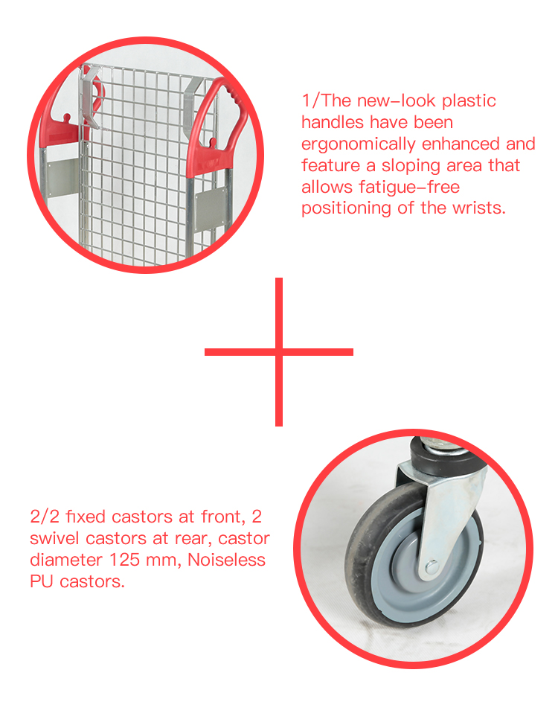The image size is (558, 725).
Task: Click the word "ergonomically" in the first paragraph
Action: click(359, 144)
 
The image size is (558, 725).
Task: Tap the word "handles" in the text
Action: click(333, 122)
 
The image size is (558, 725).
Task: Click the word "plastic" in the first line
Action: click(469, 101)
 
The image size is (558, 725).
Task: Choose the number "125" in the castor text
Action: click(124, 560)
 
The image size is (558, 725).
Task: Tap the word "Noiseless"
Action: click(226, 560)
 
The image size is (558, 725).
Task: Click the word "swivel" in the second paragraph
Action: click(56, 538)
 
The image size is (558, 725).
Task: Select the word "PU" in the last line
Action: click(42, 581)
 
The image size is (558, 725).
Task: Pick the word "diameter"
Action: click(66, 560)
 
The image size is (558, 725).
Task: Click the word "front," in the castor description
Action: click(223, 517)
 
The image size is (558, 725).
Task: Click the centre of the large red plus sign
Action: click(279, 352)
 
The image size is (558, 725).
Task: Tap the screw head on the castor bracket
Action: click(432, 566)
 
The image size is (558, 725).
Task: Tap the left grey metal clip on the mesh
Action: click(90, 95)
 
